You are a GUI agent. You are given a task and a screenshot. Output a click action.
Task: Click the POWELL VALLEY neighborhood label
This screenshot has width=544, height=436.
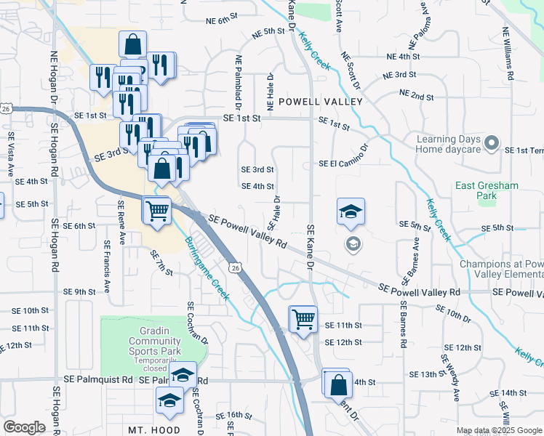pos(320,102)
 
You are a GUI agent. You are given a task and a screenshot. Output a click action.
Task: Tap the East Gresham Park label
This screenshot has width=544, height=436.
pos(487,190)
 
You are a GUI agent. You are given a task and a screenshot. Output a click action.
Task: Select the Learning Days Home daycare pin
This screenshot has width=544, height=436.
pos(491,142)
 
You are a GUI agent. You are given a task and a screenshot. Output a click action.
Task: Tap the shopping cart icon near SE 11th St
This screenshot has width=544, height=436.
pos(303,318)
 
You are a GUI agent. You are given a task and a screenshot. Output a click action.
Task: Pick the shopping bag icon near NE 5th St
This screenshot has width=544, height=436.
pos(133,44)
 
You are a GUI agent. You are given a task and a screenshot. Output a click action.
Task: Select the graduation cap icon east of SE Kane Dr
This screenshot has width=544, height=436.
pos(351,211)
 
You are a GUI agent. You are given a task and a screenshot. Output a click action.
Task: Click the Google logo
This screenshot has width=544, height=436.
pos(24,427)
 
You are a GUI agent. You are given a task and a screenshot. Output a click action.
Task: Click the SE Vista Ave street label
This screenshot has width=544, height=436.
pos(11,155)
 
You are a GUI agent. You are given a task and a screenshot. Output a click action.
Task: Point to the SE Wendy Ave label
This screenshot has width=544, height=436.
pos(449,378)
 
